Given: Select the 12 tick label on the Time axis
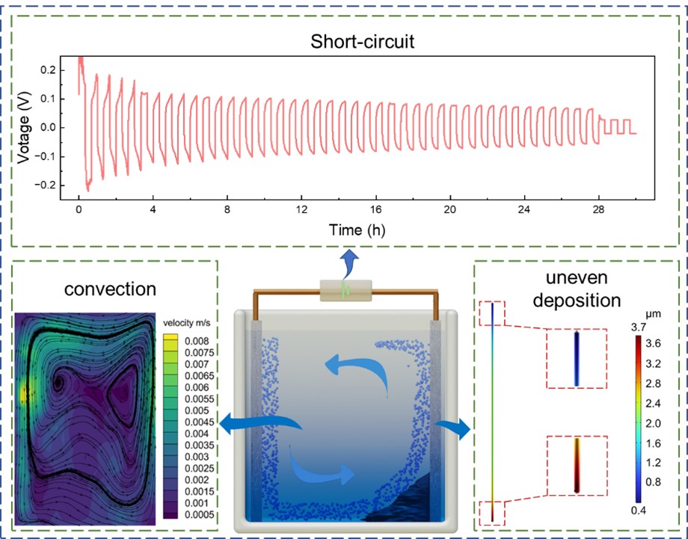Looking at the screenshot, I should click(301, 212).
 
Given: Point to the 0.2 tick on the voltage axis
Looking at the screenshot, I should click(58, 70).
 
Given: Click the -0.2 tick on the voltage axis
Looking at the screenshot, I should click(56, 185).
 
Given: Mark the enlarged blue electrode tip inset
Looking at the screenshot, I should click(577, 359).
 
